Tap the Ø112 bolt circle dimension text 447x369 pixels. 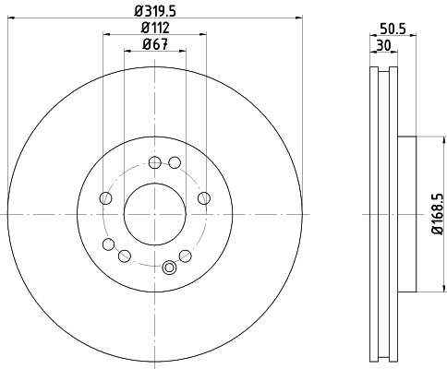154,28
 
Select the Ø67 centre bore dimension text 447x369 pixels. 154,45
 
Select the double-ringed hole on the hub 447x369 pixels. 169,268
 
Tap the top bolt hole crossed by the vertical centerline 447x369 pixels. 153,162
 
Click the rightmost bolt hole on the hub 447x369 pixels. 203,198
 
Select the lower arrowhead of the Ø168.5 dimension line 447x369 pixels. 431,291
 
